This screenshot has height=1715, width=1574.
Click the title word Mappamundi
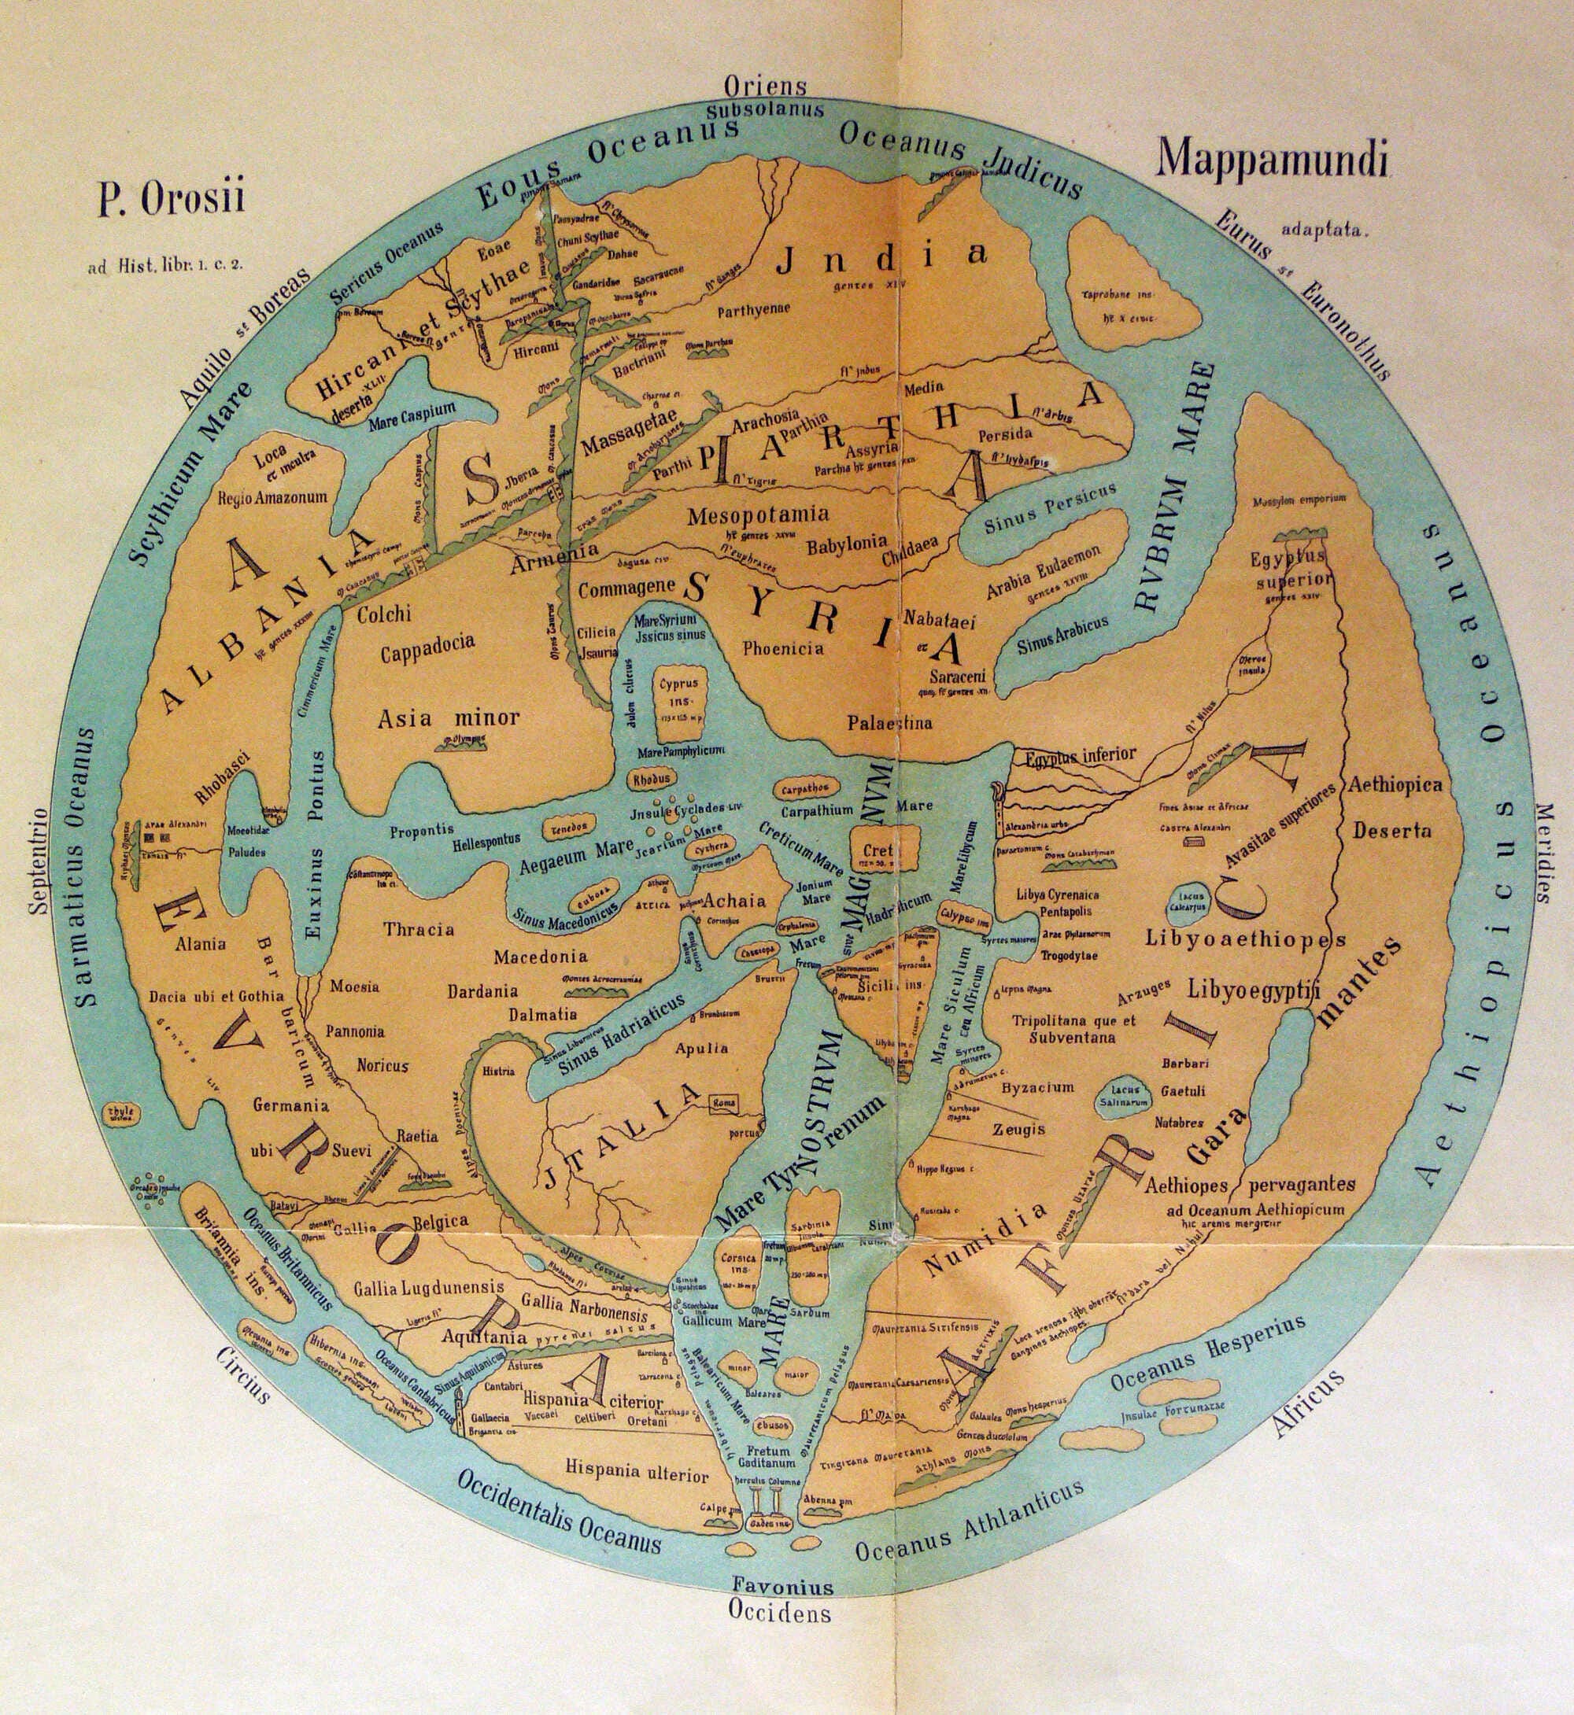pos(1273,159)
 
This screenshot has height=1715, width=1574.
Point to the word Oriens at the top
pos(765,86)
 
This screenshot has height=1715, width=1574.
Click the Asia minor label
pos(449,717)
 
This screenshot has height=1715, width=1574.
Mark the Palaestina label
pos(889,723)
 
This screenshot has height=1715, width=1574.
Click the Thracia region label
pos(418,928)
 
